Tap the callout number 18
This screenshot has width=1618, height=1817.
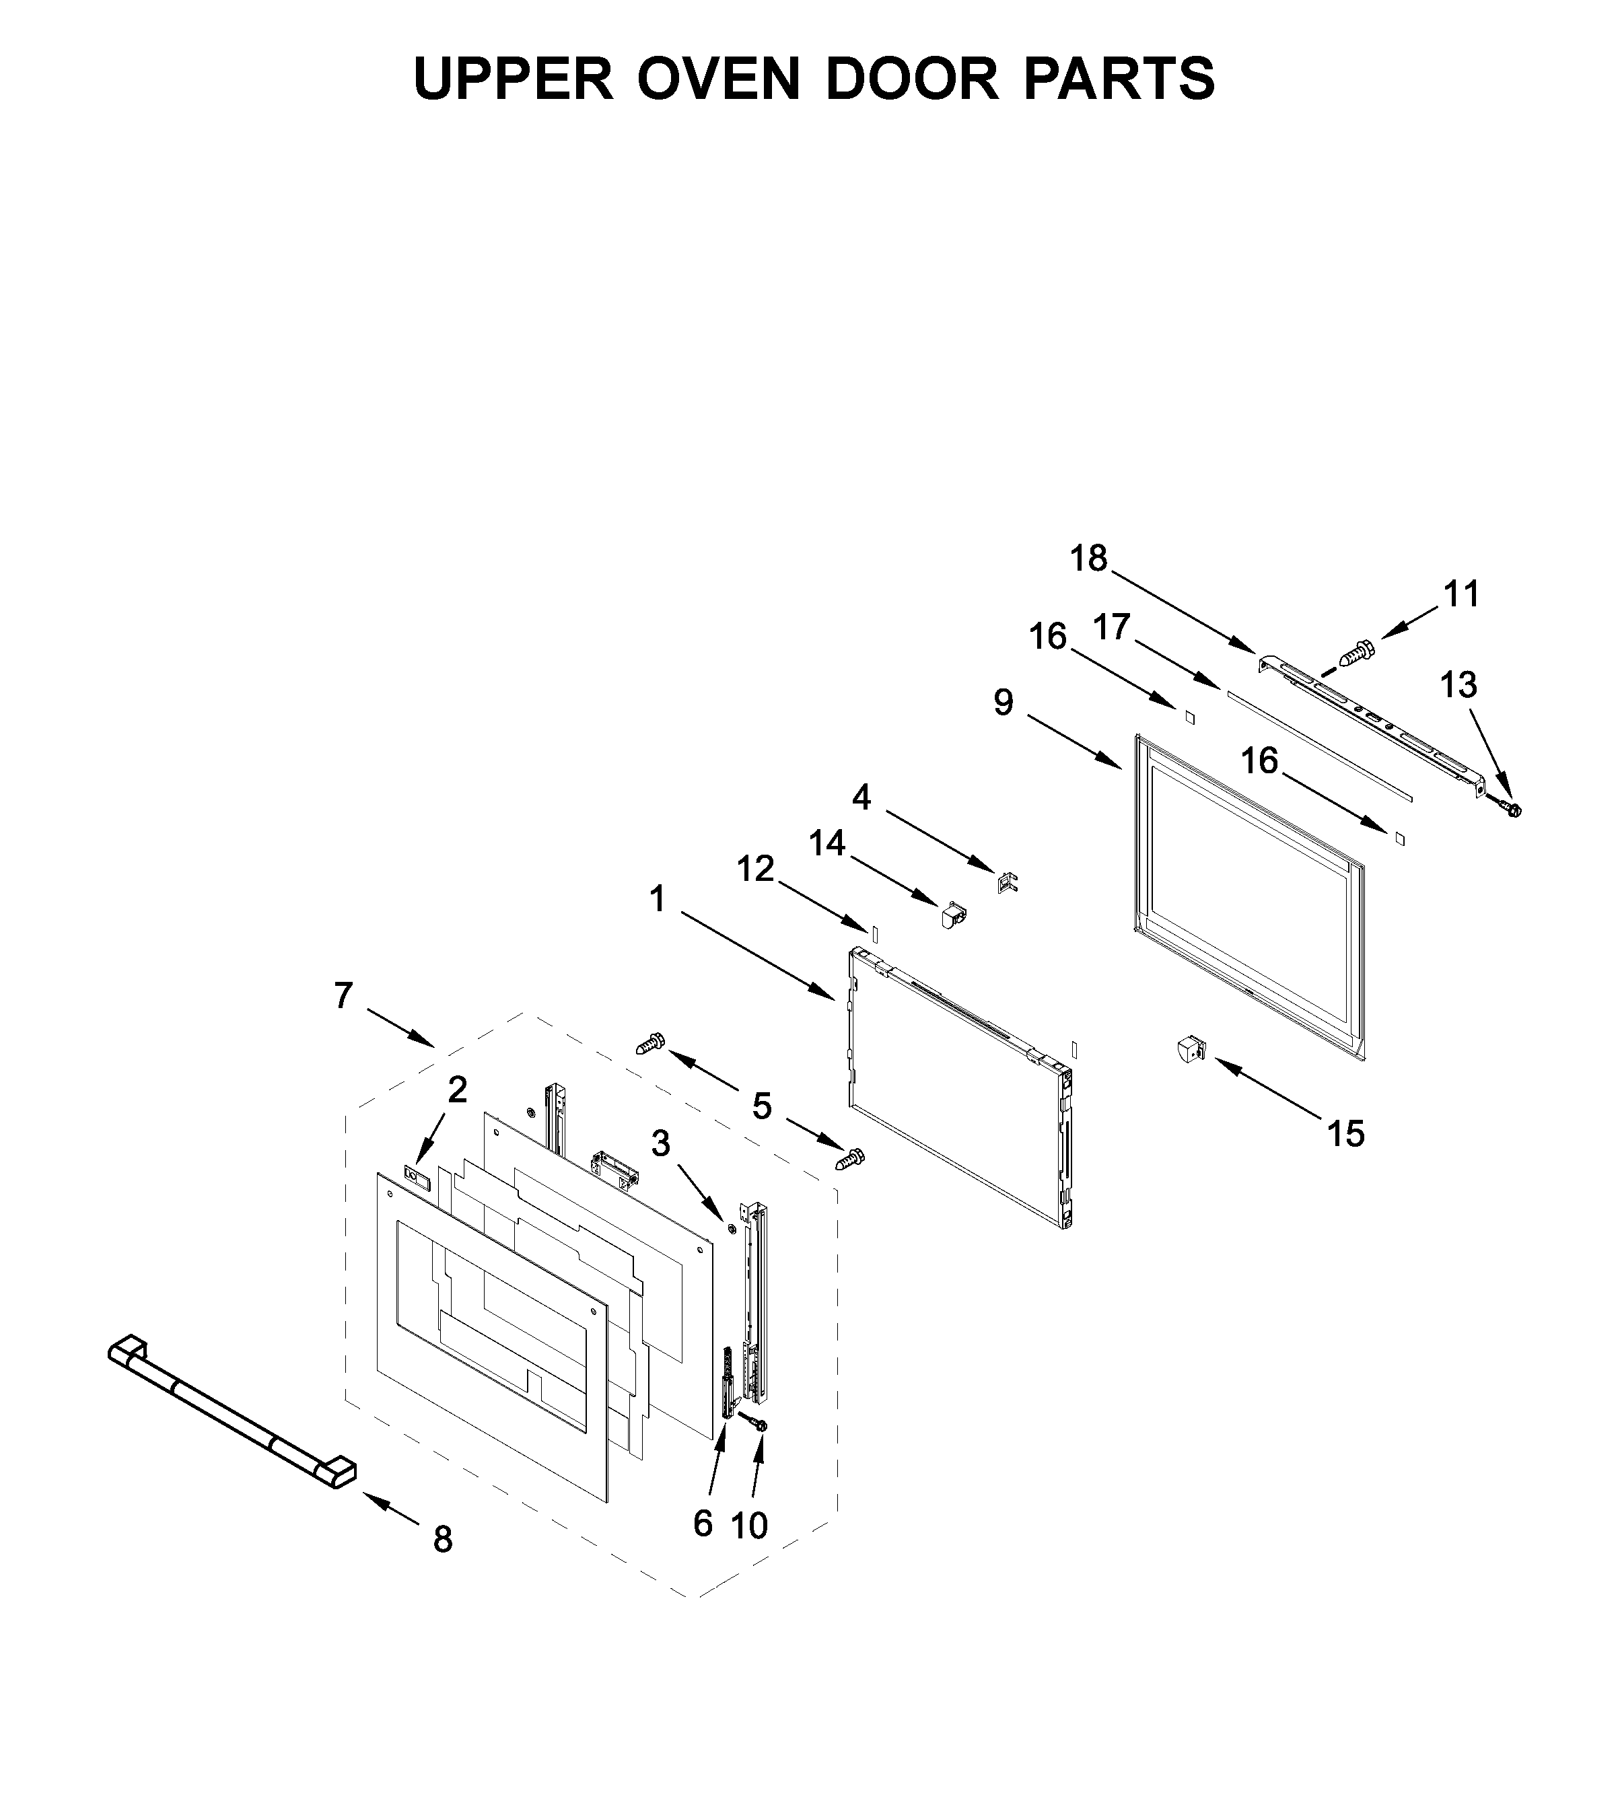[x=1088, y=559]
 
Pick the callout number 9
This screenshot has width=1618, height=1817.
[x=1003, y=703]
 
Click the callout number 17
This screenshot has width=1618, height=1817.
[x=1111, y=628]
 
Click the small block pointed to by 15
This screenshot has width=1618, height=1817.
[x=1189, y=1050]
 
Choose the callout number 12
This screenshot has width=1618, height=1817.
[x=756, y=869]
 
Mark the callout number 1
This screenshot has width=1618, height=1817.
[x=657, y=900]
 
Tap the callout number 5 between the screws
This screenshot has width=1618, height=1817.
[x=762, y=1107]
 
